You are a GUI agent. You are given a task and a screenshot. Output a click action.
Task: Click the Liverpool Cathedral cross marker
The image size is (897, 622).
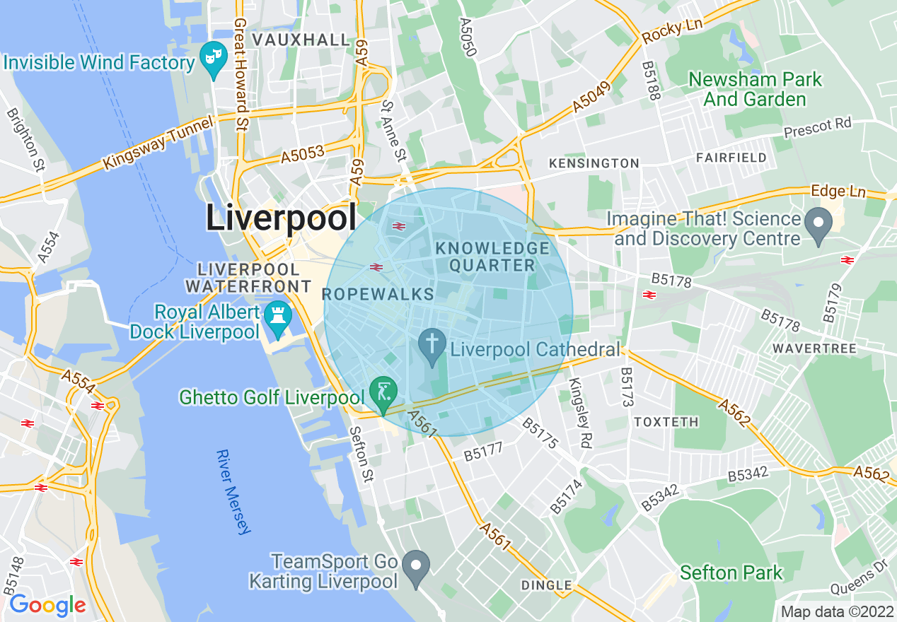[432, 346]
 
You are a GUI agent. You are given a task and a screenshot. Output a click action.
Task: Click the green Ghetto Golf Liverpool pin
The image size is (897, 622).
[383, 392]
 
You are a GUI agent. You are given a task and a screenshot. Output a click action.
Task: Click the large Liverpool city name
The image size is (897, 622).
[281, 218]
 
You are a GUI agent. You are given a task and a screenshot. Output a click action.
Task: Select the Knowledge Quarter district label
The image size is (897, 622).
[493, 257]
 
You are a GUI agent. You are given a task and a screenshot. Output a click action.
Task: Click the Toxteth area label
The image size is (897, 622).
[666, 422]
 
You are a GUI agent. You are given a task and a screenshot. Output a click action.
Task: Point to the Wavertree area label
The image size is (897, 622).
[814, 348]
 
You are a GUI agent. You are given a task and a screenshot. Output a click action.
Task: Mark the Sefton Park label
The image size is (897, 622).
[731, 573]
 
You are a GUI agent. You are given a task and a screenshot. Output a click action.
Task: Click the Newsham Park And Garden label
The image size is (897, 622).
[755, 89]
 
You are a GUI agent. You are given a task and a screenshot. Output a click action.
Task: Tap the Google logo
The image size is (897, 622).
[47, 605]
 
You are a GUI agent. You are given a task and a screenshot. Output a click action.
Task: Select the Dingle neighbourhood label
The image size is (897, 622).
[546, 585]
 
